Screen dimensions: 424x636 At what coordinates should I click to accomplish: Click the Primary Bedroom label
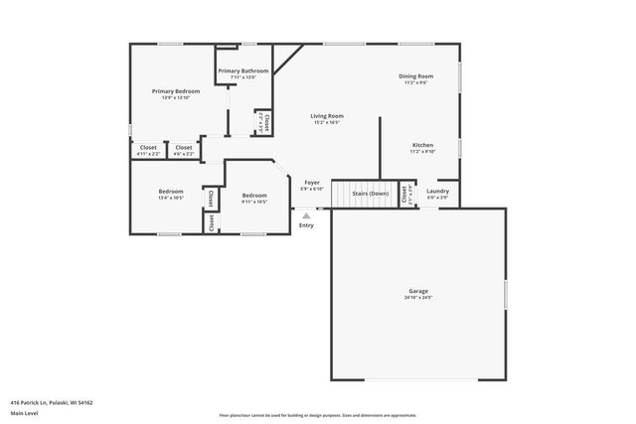click(x=175, y=90)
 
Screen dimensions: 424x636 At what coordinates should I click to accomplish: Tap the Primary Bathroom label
click(x=243, y=71)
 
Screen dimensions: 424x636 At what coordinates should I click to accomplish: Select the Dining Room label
click(x=415, y=75)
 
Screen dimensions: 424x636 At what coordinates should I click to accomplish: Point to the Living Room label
click(x=327, y=116)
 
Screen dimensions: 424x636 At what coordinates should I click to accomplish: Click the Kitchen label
click(x=422, y=145)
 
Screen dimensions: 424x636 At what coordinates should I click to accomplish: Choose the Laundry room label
click(x=437, y=191)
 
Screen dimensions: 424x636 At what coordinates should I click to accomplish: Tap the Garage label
click(x=417, y=291)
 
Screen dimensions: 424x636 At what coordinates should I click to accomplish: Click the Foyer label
click(x=311, y=183)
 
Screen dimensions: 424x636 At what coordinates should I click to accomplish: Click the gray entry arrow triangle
click(x=306, y=214)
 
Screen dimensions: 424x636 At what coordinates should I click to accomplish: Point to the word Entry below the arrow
click(x=306, y=225)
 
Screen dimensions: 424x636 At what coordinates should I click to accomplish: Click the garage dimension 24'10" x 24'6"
click(x=417, y=298)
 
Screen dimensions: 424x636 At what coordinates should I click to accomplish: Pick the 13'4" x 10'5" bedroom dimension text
click(x=171, y=198)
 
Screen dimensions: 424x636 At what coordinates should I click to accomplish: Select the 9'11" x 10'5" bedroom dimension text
click(x=254, y=202)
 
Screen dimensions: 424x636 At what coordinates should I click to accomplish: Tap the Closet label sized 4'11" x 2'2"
click(x=147, y=148)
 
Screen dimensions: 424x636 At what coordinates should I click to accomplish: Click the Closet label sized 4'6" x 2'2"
click(x=183, y=148)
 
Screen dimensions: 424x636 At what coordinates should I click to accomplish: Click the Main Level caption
click(x=24, y=413)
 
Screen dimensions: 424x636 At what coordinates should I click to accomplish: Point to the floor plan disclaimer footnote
click(x=318, y=413)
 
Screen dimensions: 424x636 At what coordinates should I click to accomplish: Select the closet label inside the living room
click(x=264, y=122)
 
